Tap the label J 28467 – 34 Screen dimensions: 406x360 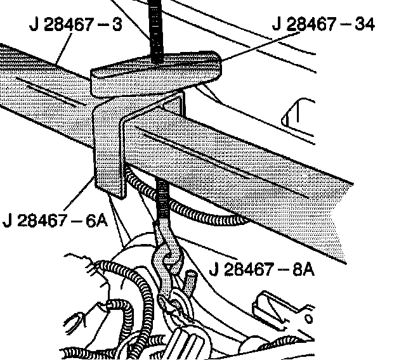[x=324, y=25]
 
